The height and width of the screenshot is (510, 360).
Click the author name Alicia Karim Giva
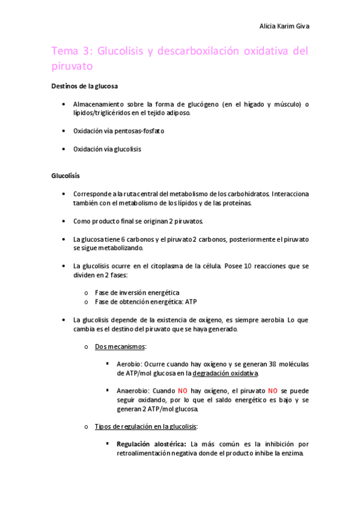(284, 26)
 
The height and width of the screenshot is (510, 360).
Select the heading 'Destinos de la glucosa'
(84, 86)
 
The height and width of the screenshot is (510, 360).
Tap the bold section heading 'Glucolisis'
(66, 176)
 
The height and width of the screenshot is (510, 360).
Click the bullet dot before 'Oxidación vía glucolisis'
(64, 149)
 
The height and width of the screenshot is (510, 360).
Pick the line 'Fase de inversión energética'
(137, 292)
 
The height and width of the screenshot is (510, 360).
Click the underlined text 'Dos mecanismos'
(120, 347)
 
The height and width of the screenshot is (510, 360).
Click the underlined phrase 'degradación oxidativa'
(225, 373)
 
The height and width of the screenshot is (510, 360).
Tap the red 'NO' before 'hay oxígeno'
(183, 391)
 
